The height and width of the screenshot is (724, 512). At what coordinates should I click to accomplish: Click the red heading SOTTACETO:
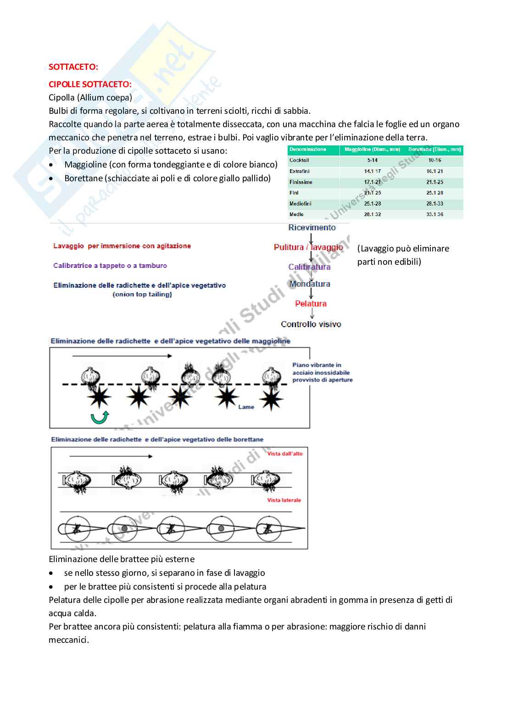[x=73, y=67]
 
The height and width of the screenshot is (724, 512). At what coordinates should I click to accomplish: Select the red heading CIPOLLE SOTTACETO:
[x=90, y=84]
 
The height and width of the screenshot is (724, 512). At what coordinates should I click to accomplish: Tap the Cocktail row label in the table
[x=299, y=160]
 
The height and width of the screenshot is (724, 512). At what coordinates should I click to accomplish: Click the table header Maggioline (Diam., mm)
[x=372, y=150]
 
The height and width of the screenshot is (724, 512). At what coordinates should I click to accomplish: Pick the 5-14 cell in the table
[x=372, y=160]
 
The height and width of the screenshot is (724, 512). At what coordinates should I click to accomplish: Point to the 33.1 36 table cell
[x=434, y=214]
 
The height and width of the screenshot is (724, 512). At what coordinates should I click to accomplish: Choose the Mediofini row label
[x=301, y=204]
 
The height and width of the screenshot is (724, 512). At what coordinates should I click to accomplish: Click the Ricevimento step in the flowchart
[x=312, y=228]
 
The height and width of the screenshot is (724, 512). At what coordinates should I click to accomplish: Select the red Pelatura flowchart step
[x=311, y=304]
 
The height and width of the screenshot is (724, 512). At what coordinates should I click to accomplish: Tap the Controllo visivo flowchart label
[x=311, y=324]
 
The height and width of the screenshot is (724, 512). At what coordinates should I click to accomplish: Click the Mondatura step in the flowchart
[x=310, y=284]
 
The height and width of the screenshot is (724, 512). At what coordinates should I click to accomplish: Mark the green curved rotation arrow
[x=100, y=417]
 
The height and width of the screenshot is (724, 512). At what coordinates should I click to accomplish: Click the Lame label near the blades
[x=246, y=407]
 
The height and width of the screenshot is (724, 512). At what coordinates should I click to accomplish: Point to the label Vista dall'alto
[x=285, y=454]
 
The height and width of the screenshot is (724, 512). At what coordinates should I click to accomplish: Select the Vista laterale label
[x=284, y=500]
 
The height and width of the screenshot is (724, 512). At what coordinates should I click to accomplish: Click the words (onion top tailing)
[x=142, y=295]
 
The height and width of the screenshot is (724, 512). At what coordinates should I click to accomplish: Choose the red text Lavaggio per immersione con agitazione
[x=122, y=246]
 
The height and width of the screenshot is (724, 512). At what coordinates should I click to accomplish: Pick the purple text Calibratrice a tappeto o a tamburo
[x=110, y=266]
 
